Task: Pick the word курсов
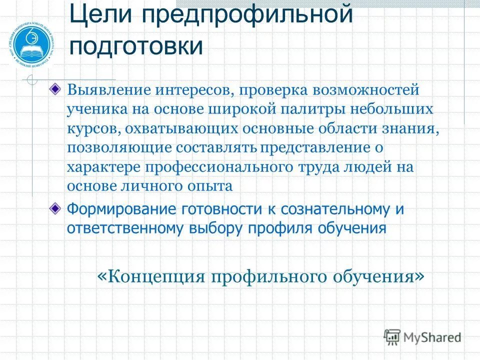tap(93, 129)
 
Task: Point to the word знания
tap(413, 129)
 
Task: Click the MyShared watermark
tap(422, 337)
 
